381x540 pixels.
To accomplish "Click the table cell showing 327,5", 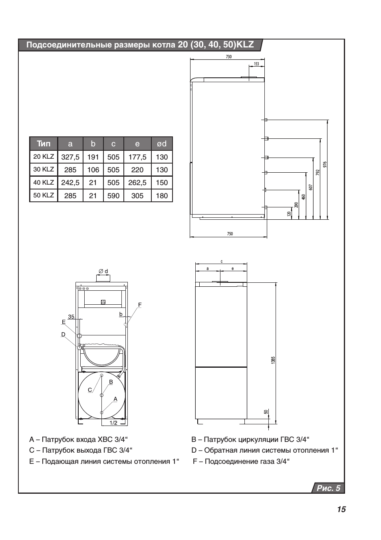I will tap(70, 157).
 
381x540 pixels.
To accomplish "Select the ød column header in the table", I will tap(162, 144).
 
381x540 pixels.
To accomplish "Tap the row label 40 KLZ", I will tap(44, 182).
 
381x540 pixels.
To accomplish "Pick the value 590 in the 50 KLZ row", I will tap(113, 195).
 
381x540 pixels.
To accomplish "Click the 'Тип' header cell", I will tap(44, 144).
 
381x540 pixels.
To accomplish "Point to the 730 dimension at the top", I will tap(228, 57).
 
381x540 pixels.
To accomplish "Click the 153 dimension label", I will tap(256, 64).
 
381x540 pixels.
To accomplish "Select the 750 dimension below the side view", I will tap(230, 234).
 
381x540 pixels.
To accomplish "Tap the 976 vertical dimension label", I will tap(325, 164).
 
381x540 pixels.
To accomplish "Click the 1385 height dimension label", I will tap(273, 360).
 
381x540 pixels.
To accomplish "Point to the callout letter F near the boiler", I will tap(140, 305).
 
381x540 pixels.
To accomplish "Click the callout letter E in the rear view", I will tap(63, 322).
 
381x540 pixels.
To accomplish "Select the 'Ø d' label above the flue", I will tap(103, 271).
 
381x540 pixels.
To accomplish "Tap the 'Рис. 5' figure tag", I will tap(328, 488).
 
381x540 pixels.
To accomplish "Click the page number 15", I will tap(341, 509).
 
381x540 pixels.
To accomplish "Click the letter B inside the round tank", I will tap(111, 382).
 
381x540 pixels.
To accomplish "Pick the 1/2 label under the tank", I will tap(113, 423).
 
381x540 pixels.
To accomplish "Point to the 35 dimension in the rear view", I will tap(71, 317).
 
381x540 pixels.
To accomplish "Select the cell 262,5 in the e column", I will tap(137, 183).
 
